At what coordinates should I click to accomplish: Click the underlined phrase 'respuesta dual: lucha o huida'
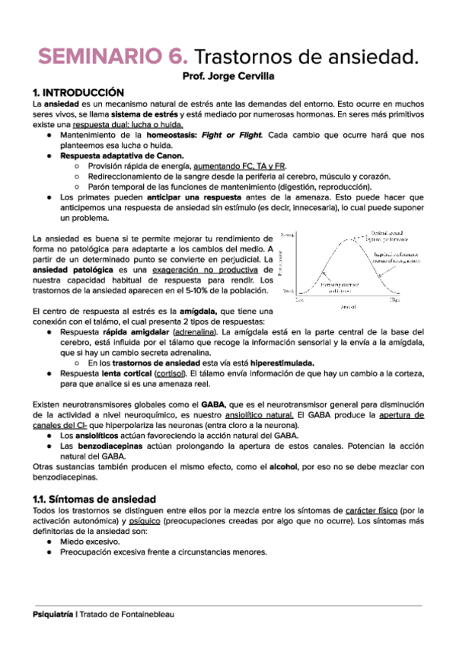(136, 123)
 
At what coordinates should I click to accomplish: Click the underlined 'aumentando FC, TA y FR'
(240, 165)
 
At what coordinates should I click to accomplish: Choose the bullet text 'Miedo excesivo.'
(91, 541)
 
